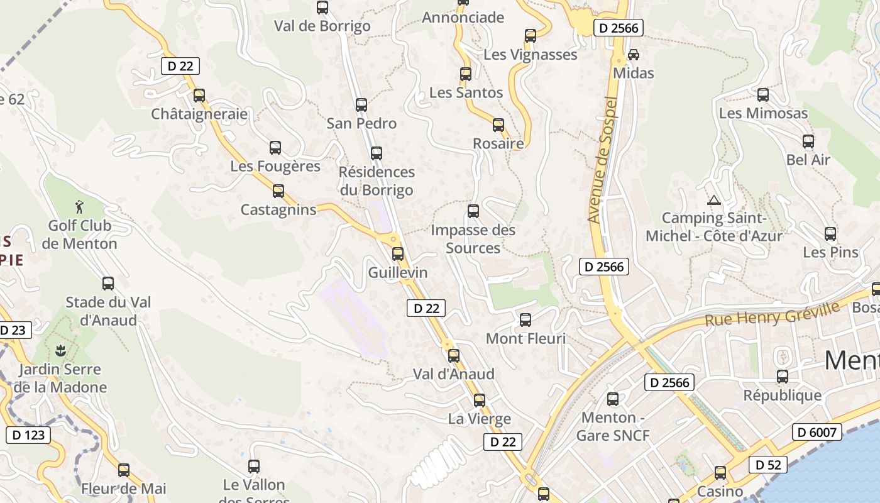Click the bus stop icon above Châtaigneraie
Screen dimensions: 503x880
(199, 96)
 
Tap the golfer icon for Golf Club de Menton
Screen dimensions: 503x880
(79, 207)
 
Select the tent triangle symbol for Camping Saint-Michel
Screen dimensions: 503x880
(713, 201)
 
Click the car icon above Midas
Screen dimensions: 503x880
(634, 55)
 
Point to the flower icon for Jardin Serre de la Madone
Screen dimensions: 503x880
(61, 350)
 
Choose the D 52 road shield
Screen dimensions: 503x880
(768, 465)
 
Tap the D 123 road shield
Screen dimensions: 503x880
(28, 434)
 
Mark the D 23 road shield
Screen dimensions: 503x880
(13, 330)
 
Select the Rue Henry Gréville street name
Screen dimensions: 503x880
(772, 314)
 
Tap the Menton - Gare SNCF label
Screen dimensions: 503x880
(613, 426)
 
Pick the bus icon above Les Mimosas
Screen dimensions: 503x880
(763, 95)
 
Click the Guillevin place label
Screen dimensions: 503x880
(398, 272)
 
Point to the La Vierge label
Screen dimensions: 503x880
(480, 419)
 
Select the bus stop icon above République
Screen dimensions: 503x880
(783, 377)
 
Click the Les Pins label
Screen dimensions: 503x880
(830, 252)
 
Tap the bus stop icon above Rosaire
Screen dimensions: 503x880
(498, 125)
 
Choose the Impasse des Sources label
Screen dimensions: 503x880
(473, 239)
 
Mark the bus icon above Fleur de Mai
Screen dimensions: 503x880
(124, 470)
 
